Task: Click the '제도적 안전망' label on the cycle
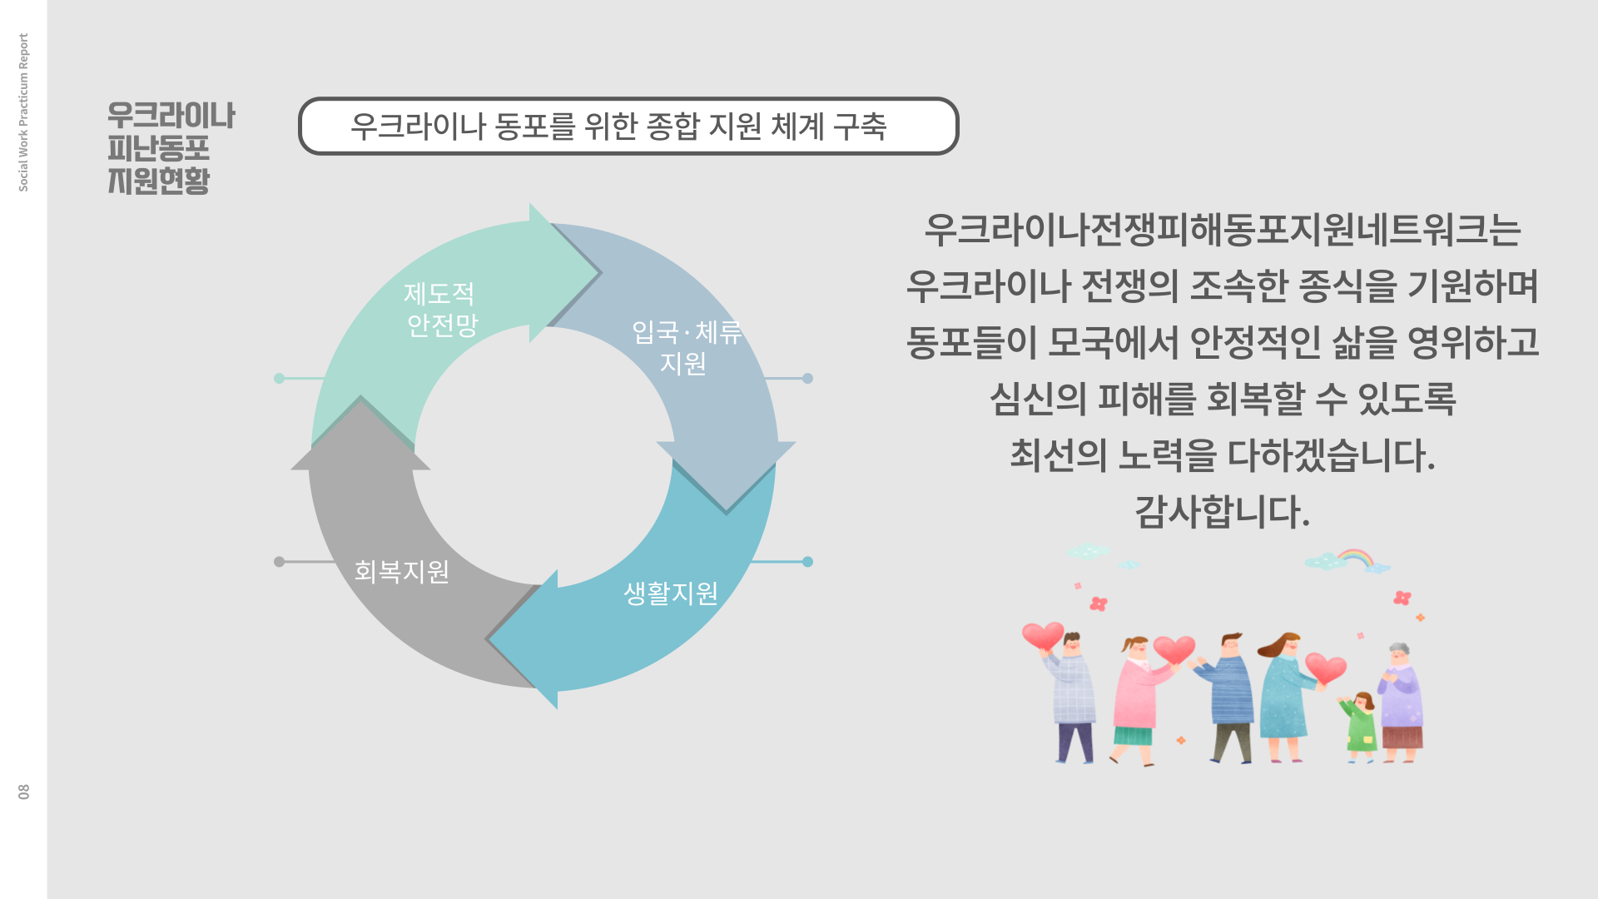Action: coord(440,309)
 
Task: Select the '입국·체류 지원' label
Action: coord(686,348)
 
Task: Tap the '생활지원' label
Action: coord(671,594)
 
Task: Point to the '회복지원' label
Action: coord(402,571)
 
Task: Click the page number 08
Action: coord(23,792)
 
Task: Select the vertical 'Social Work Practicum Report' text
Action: coord(23,112)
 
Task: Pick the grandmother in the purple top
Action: coord(1401,703)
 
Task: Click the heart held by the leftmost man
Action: coord(1043,637)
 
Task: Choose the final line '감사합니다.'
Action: coord(1223,511)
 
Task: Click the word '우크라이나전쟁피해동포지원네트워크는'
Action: coord(1223,230)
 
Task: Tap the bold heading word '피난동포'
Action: coord(159,148)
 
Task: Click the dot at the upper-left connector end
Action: coord(280,379)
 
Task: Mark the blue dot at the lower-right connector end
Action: coord(807,562)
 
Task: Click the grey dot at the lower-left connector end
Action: coord(280,562)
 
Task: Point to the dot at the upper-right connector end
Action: coord(807,379)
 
